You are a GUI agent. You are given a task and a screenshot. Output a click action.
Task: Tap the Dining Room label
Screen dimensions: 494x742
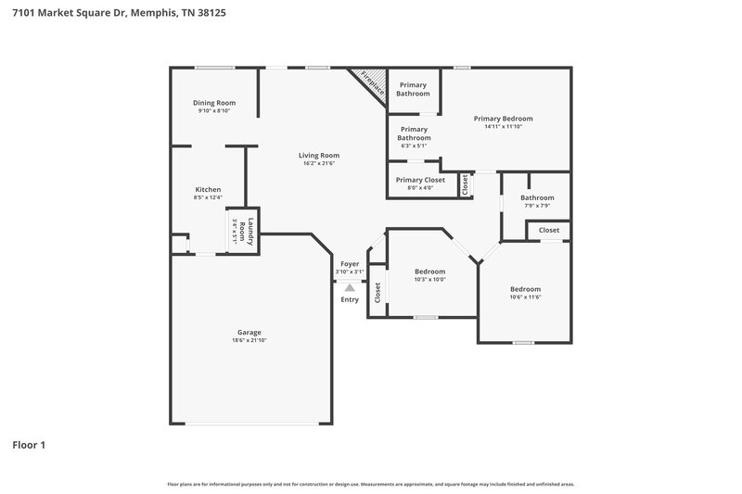tap(214, 103)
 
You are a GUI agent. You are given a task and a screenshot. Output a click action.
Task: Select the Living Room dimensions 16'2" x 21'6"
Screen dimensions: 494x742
tap(318, 164)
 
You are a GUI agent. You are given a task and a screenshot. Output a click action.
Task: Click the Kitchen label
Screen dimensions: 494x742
tap(208, 189)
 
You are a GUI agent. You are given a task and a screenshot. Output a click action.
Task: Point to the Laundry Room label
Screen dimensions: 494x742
tap(245, 231)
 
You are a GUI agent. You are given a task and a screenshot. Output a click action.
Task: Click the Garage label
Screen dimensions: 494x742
tap(249, 332)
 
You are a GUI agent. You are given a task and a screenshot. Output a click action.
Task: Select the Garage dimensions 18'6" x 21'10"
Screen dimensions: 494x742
tap(249, 340)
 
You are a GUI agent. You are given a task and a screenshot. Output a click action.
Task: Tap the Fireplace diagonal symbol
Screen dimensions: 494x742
tap(371, 82)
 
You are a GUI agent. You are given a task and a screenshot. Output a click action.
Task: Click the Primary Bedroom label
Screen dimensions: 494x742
tap(503, 119)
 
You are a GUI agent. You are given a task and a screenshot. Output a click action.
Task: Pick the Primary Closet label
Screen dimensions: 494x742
tap(420, 180)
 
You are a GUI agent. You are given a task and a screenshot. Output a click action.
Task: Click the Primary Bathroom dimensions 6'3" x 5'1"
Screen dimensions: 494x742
tap(414, 146)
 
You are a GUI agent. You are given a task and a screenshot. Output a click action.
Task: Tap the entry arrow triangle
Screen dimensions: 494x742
tap(350, 288)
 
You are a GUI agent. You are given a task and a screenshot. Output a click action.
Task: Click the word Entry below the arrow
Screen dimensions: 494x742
tap(350, 299)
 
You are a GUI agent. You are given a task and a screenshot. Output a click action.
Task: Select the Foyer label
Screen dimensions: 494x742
tap(350, 264)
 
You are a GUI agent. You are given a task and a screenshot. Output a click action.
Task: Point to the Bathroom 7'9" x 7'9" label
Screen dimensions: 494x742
tap(537, 197)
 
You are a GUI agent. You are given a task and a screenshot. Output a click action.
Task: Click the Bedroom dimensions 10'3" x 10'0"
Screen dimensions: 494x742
tap(429, 279)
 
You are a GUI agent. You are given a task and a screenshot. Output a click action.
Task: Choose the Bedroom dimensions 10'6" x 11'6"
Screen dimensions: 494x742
tap(525, 298)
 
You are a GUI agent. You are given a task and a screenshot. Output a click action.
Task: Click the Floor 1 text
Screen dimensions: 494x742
tap(29, 445)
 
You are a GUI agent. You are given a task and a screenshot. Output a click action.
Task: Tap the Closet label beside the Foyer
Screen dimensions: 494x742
tap(377, 293)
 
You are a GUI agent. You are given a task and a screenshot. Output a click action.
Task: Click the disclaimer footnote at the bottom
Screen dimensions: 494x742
tap(370, 484)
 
